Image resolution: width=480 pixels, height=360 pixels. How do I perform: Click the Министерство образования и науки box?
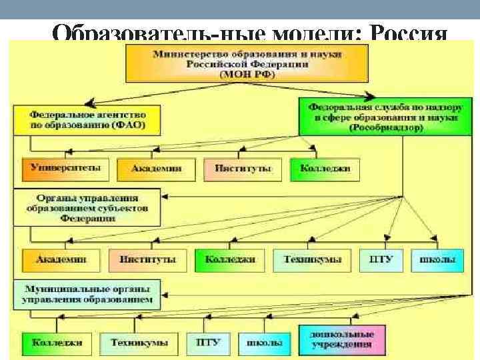coord(247,64)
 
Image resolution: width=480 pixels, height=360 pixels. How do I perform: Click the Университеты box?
coord(65,169)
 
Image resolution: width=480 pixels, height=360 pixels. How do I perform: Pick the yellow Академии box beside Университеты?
coord(157,169)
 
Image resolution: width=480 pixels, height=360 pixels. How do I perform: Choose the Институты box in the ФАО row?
coord(243,169)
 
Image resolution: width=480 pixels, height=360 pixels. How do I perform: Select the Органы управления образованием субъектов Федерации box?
coord(87,207)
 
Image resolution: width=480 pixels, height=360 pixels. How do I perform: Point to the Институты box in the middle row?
coord(147,259)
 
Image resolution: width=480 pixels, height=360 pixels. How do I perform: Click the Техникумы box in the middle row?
coord(307,259)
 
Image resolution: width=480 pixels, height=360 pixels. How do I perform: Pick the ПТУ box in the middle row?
coord(381,259)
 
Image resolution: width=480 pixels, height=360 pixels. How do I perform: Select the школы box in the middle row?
coord(437,259)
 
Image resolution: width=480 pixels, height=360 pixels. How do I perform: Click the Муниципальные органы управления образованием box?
coord(87,294)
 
